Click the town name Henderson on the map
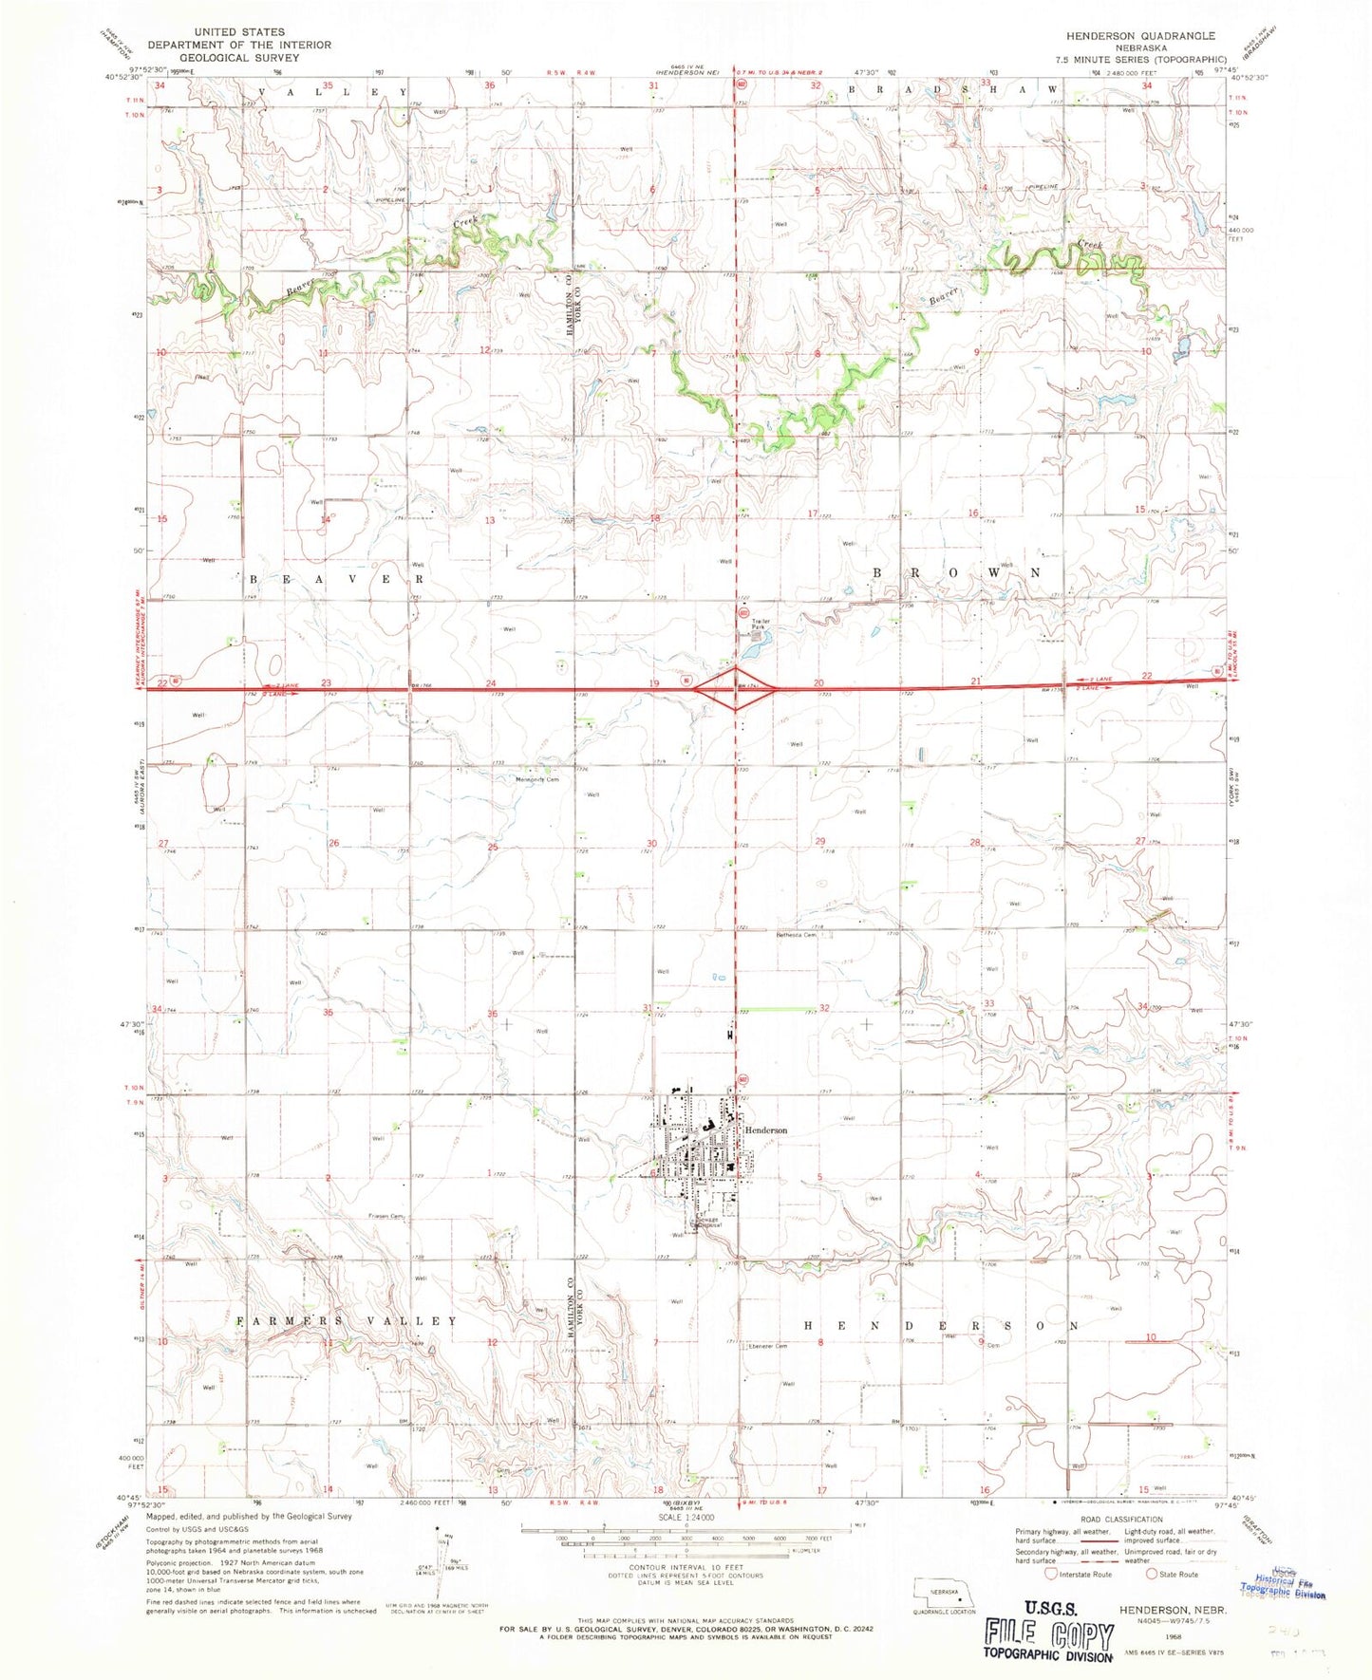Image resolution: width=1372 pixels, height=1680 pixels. click(766, 1130)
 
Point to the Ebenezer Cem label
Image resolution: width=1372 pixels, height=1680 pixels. click(768, 1346)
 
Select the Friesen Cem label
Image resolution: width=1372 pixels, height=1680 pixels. click(386, 1217)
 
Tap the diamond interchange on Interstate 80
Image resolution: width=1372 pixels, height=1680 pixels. click(737, 689)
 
